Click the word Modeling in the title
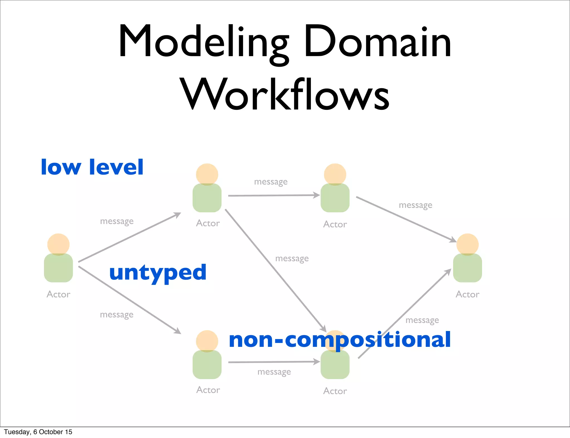(203, 42)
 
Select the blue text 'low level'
(92, 167)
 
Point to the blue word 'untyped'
(158, 273)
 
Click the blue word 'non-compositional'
(340, 340)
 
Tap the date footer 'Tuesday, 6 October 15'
(38, 432)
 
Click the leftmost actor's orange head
(58, 244)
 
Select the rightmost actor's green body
(468, 268)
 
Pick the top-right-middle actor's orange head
(335, 174)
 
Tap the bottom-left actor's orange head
(207, 340)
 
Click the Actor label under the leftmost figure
(58, 294)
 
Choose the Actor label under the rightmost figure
(468, 294)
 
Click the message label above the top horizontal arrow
(271, 182)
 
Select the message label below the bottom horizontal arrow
(274, 372)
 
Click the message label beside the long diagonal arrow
(292, 258)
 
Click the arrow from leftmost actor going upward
(129, 237)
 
